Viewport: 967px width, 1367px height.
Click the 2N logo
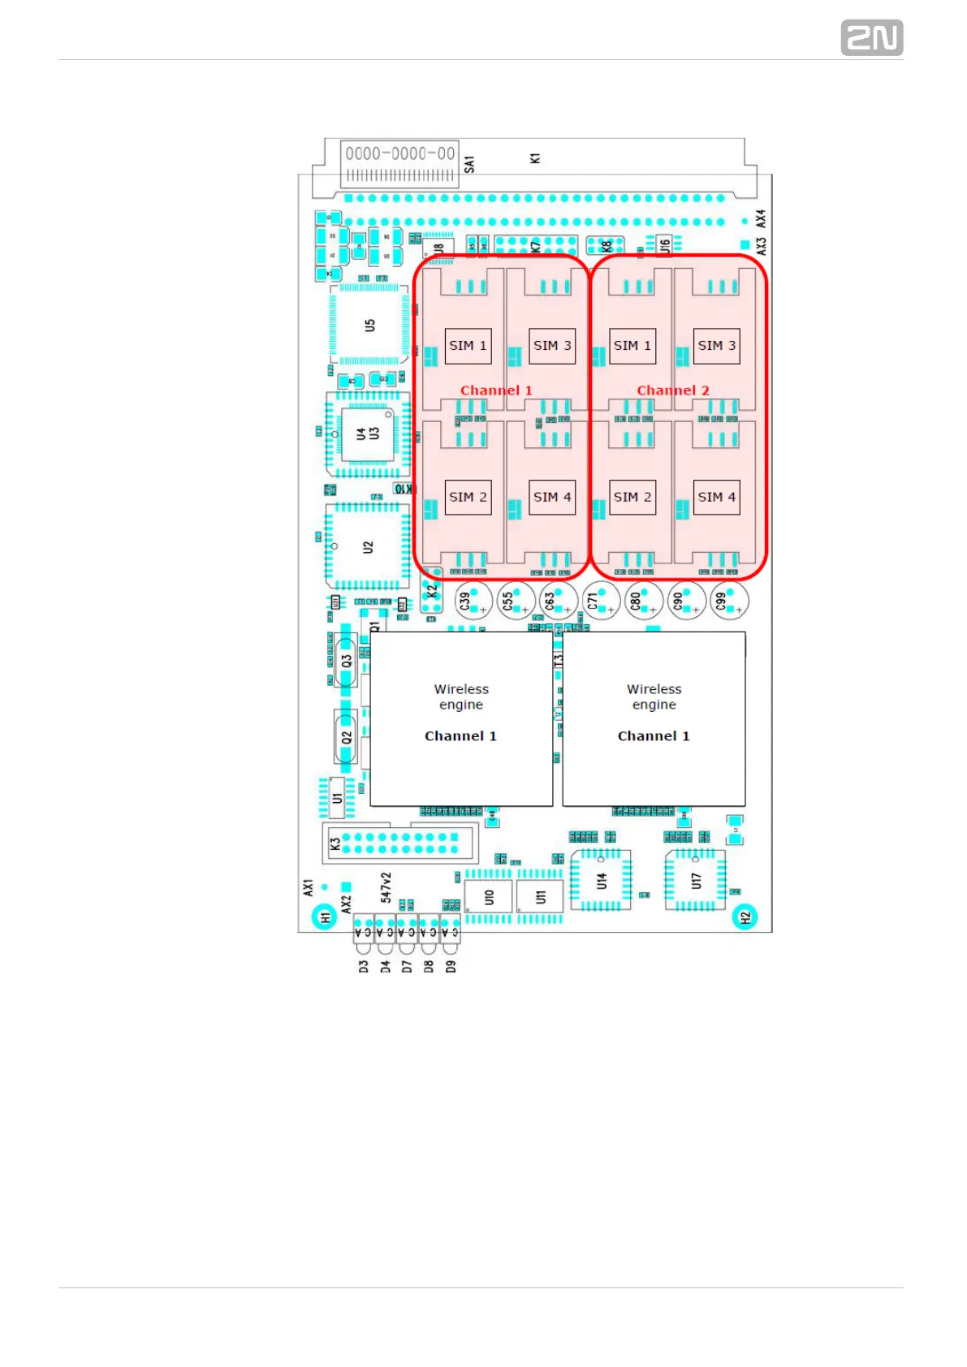coord(871,38)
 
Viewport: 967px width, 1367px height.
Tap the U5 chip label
coord(370,326)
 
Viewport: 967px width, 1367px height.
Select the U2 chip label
coord(368,547)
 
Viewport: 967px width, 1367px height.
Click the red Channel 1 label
coord(496,390)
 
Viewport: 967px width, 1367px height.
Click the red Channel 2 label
coord(673,390)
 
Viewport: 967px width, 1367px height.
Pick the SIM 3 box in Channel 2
coord(716,346)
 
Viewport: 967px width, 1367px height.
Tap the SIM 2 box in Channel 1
coord(468,497)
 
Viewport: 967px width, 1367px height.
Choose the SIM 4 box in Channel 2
coord(716,497)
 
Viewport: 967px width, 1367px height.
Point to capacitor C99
coord(727,601)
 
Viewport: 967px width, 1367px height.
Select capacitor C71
coord(601,601)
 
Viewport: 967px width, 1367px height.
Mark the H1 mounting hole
coord(325,917)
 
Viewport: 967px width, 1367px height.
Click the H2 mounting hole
coord(745,917)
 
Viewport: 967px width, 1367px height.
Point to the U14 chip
coord(602,880)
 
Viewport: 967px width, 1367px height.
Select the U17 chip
coord(696,880)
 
